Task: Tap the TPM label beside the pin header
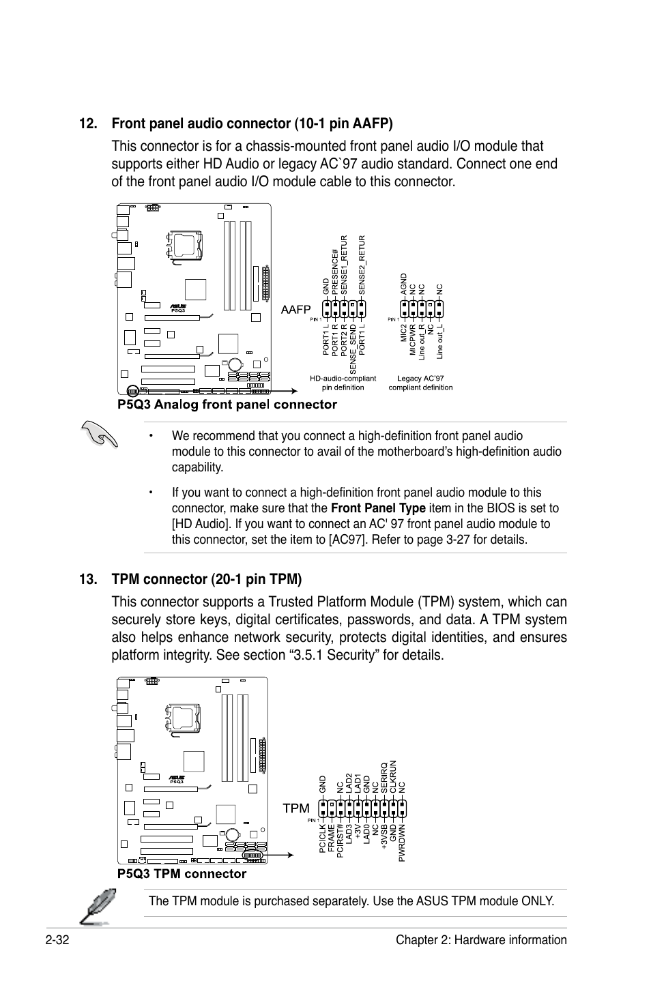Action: pyautogui.click(x=296, y=808)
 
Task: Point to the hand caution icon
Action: pyautogui.click(x=99, y=434)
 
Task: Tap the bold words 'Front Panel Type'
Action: pyautogui.click(x=378, y=508)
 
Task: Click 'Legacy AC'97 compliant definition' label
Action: pyautogui.click(x=420, y=383)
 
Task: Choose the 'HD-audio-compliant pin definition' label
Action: pyautogui.click(x=343, y=383)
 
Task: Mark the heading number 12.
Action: pyautogui.click(x=87, y=123)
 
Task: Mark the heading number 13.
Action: pyautogui.click(x=87, y=580)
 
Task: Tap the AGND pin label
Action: pyautogui.click(x=403, y=284)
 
